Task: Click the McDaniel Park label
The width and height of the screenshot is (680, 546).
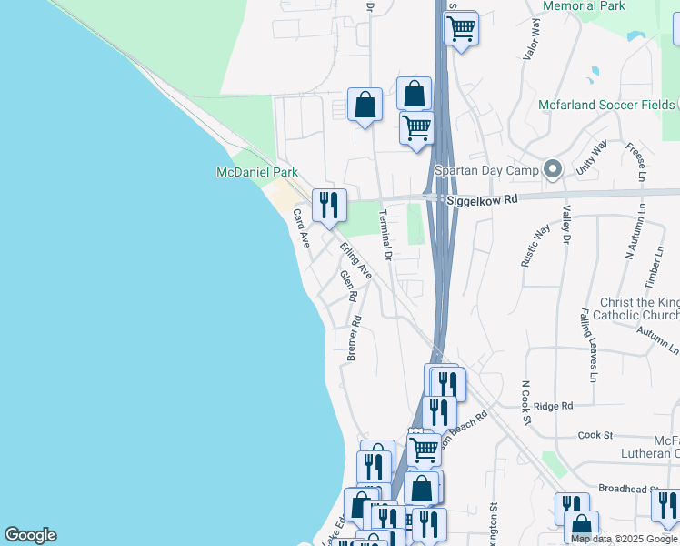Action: (x=257, y=172)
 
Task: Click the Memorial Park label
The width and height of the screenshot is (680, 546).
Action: (x=583, y=6)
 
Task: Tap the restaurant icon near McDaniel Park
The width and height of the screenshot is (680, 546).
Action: (x=328, y=205)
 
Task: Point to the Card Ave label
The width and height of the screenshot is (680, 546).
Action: (x=301, y=228)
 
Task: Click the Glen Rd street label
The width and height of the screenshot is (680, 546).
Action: (x=347, y=286)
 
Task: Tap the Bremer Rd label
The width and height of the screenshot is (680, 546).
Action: (x=355, y=339)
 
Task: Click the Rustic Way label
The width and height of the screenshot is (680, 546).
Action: (x=535, y=244)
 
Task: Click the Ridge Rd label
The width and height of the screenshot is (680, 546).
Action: (x=554, y=406)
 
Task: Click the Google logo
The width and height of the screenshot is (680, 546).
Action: (x=30, y=535)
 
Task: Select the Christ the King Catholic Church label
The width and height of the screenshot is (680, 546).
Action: (x=639, y=308)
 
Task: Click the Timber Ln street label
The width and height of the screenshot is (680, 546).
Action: (x=652, y=272)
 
